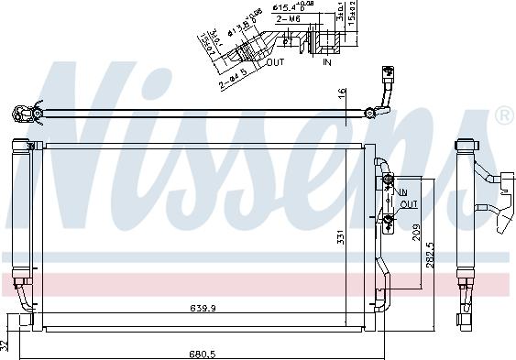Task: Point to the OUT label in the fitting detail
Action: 276,63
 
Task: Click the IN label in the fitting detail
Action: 327,63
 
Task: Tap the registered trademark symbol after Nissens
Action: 503,115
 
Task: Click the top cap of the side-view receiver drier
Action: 465,144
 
